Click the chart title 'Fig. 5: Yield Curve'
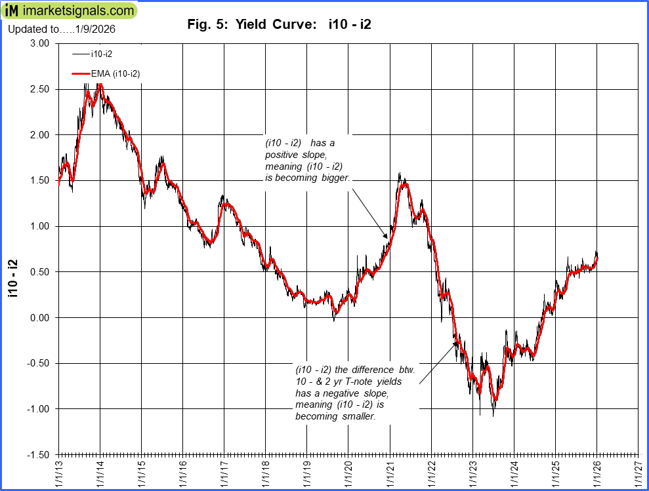point(279,25)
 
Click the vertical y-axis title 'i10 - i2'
point(12,279)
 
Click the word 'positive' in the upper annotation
point(283,155)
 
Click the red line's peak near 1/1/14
point(100,85)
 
